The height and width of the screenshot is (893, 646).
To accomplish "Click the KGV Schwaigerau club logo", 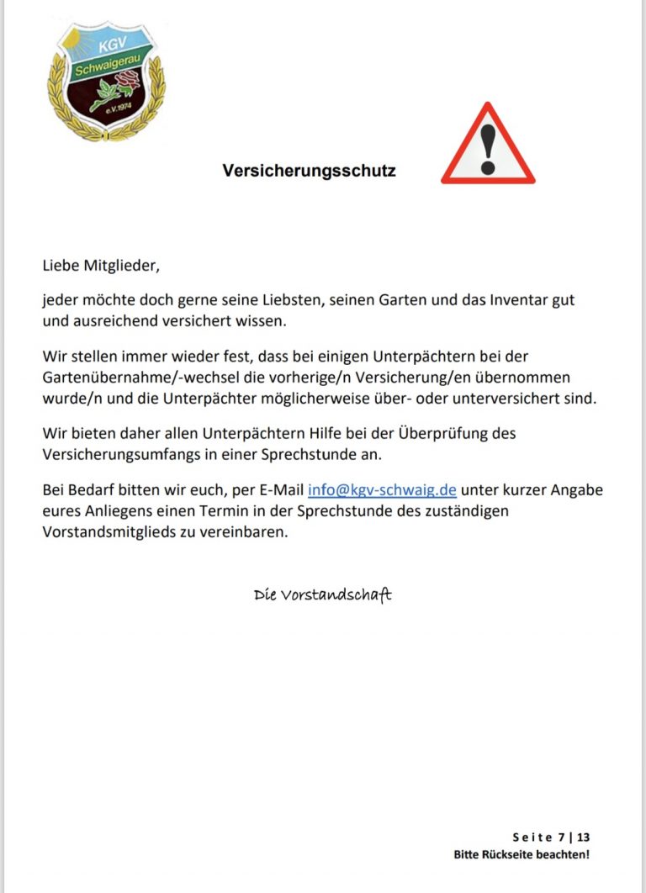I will tap(106, 81).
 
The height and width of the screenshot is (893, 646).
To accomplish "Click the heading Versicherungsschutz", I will tap(309, 171).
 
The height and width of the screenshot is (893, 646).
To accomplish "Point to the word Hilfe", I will tap(319, 434).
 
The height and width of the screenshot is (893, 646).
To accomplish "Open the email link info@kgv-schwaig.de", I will tap(382, 490).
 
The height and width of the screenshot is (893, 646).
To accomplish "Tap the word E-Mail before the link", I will tap(278, 490).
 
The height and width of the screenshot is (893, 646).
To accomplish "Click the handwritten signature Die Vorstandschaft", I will tap(323, 595).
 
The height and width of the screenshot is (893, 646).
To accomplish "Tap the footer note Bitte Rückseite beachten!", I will tap(522, 855).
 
